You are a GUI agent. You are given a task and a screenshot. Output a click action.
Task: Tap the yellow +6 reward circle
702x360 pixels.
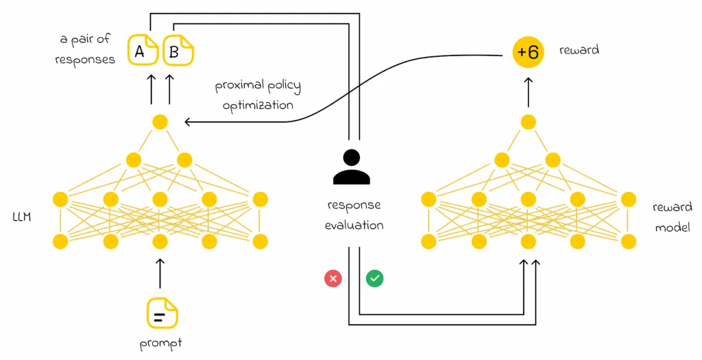[x=528, y=51]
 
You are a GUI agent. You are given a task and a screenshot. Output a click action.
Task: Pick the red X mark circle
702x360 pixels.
[x=333, y=278]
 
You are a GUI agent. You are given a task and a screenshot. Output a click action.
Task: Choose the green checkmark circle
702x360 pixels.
[x=374, y=278]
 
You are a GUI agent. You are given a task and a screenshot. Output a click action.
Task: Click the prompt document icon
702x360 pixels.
[x=162, y=313]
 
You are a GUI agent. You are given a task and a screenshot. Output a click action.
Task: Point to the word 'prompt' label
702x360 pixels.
[x=162, y=342]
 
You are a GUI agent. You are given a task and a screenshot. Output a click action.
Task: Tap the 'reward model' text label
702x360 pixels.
[x=672, y=217]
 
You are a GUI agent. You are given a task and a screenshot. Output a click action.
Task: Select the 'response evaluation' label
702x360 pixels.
[x=354, y=215]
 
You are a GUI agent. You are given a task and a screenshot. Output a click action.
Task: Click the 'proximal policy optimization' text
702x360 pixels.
[x=257, y=96]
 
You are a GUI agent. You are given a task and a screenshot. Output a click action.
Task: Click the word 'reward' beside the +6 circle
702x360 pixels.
[x=579, y=50]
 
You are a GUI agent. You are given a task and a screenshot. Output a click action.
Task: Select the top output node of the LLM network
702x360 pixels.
[x=160, y=122]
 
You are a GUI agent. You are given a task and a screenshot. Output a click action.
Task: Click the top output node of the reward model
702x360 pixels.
[x=528, y=122]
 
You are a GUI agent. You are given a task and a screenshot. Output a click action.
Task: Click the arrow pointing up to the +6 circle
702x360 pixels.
[x=528, y=91]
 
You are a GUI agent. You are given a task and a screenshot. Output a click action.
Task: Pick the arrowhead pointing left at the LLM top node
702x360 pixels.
[x=189, y=122]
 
